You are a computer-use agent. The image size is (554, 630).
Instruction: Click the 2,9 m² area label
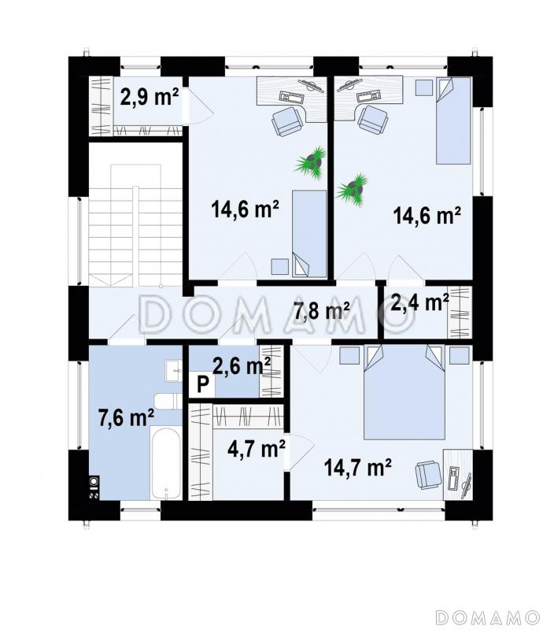(149, 97)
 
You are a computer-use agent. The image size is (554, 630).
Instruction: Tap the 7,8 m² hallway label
(322, 310)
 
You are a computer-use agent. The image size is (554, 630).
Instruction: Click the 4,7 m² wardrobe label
(256, 448)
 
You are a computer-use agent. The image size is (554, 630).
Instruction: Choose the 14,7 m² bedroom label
(358, 467)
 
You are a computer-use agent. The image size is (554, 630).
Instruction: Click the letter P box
(202, 385)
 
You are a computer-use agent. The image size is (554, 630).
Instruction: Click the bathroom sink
(173, 370)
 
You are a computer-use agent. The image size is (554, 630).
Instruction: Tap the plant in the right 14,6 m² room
(353, 190)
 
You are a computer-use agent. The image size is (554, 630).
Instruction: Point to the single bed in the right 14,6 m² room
(453, 120)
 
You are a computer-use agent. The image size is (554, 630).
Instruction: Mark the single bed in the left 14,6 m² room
(309, 234)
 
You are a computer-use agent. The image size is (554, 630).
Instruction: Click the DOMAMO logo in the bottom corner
(487, 617)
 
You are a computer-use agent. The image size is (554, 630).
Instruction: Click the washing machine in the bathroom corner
(94, 487)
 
